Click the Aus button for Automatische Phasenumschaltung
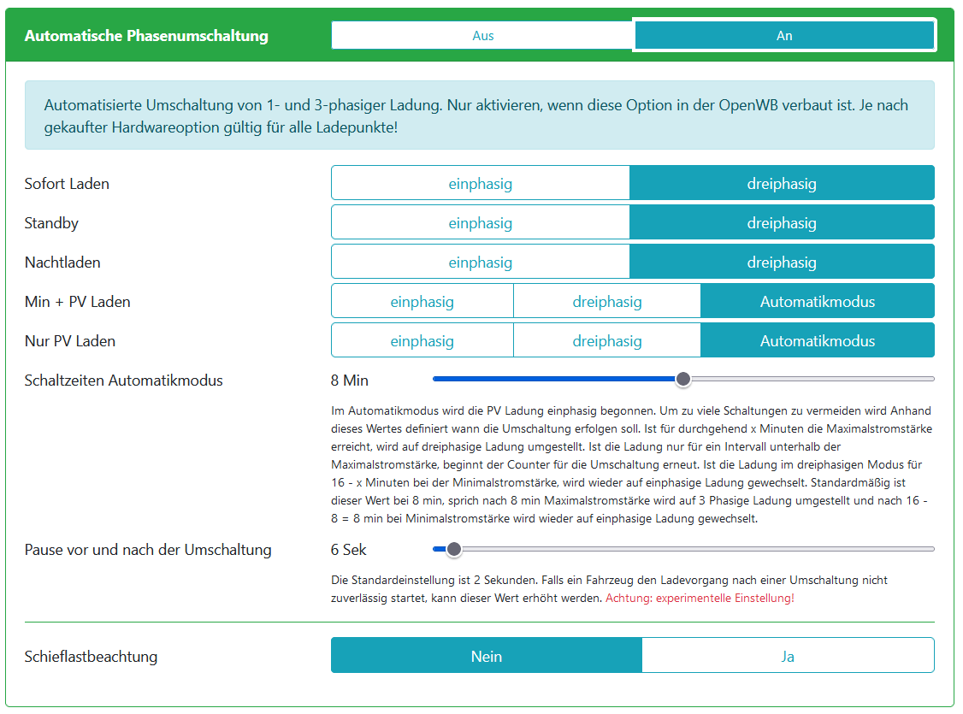(x=482, y=36)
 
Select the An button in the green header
(x=783, y=36)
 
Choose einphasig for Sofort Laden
(x=480, y=184)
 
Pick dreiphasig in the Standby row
(x=781, y=223)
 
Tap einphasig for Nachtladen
(x=480, y=263)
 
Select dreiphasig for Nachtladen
(x=781, y=263)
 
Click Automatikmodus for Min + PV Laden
(x=817, y=302)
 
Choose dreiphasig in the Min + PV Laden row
(x=606, y=302)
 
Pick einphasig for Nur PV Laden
(x=422, y=341)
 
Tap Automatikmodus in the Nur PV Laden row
(x=817, y=341)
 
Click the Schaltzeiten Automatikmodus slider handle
(x=682, y=379)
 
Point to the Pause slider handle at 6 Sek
(x=454, y=549)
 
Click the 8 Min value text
(x=350, y=381)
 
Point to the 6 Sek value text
(x=349, y=550)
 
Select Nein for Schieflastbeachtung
(x=486, y=657)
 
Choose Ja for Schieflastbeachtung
(x=788, y=657)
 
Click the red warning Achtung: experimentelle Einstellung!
(x=700, y=599)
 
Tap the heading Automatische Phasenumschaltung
(x=146, y=36)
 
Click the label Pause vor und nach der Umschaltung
(x=148, y=550)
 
